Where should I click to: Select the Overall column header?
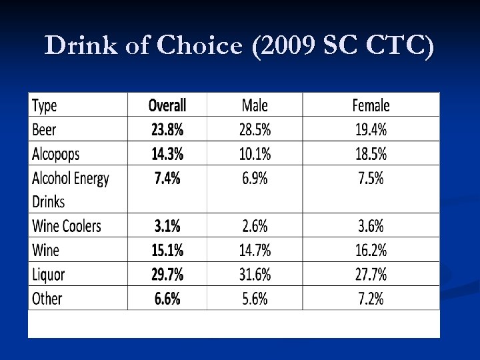tap(167, 105)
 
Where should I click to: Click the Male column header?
tap(255, 105)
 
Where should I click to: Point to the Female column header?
tap(371, 105)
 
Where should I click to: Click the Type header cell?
tap(45, 105)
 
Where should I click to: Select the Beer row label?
tap(44, 129)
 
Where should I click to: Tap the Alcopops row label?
tap(55, 154)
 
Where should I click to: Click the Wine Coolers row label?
tap(67, 226)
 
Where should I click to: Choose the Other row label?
tap(47, 298)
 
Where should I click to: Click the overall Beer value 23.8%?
tap(167, 129)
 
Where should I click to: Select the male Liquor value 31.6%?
tap(255, 274)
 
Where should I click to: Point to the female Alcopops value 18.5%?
tap(371, 154)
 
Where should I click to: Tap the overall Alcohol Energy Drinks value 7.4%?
tap(167, 178)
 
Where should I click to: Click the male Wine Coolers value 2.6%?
tap(255, 226)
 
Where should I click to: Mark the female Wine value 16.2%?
tap(371, 250)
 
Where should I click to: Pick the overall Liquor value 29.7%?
tap(167, 274)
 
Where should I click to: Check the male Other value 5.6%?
tap(255, 298)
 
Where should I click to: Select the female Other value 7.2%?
tap(371, 298)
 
